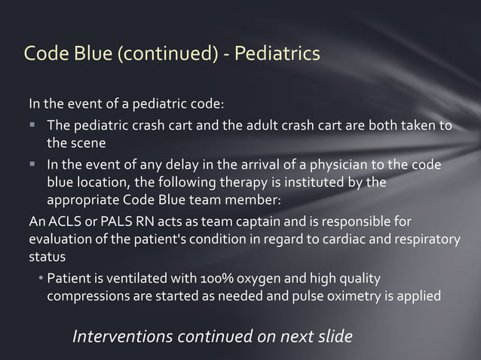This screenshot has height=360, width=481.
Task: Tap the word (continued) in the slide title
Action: [x=163, y=54]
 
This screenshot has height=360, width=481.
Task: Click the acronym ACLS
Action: [x=60, y=221]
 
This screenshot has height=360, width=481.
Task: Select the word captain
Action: [x=228, y=221]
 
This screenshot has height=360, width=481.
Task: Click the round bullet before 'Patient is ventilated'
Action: [x=41, y=279]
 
